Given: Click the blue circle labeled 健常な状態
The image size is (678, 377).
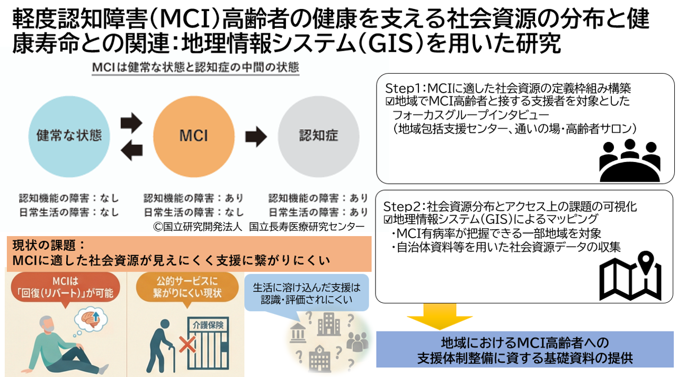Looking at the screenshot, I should tap(69, 135).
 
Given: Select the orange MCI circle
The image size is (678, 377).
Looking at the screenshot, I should tap(193, 135).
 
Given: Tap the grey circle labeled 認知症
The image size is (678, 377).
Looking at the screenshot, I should tap(318, 135).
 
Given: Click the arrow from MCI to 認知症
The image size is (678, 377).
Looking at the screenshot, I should tap(256, 136).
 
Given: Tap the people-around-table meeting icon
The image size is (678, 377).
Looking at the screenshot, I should tap(629, 159).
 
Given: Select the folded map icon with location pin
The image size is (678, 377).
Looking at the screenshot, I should tap(629, 275).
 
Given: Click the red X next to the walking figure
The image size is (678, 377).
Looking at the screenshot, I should tap(186, 345).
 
